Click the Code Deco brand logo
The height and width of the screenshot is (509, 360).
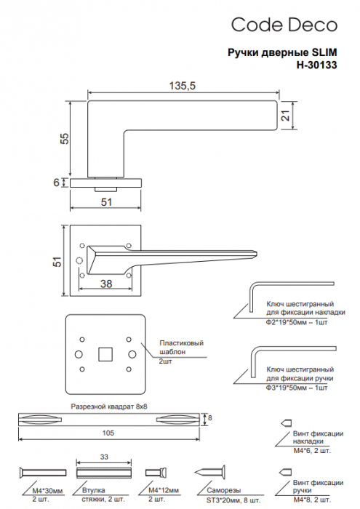pyautogui.click(x=284, y=25)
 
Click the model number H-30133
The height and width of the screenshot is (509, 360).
pyautogui.click(x=316, y=65)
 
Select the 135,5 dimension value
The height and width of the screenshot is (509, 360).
pyautogui.click(x=183, y=86)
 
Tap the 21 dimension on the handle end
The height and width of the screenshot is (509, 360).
pyautogui.click(x=286, y=116)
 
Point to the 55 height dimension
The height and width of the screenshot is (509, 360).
pyautogui.click(x=65, y=138)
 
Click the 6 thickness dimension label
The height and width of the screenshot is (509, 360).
pyautogui.click(x=57, y=183)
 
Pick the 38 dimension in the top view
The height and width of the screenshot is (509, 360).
pyautogui.click(x=106, y=284)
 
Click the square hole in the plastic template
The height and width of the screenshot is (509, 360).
pyautogui.click(x=105, y=354)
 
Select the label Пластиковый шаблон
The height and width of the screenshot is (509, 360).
pyautogui.click(x=181, y=348)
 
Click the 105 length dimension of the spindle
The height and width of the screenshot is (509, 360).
pyautogui.click(x=108, y=433)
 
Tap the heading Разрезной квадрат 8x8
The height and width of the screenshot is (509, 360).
pyautogui.click(x=109, y=406)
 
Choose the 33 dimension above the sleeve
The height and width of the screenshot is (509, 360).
pyautogui.click(x=104, y=457)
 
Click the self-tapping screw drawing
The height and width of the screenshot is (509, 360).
pyautogui.click(x=209, y=473)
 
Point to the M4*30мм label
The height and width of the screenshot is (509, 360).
pyautogui.click(x=47, y=490)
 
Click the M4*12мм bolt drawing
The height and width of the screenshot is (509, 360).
pyautogui.click(x=156, y=473)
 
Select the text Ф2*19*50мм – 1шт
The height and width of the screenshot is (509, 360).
pyautogui.click(x=297, y=322)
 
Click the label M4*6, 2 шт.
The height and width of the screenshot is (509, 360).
pyautogui.click(x=312, y=451)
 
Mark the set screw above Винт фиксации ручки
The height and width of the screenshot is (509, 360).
pyautogui.click(x=286, y=472)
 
